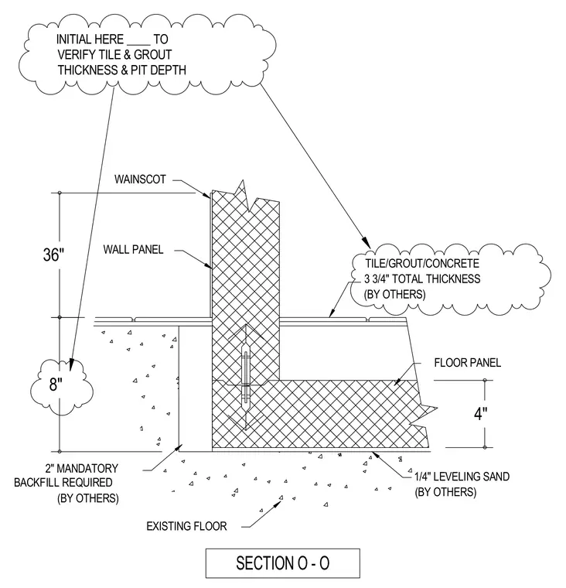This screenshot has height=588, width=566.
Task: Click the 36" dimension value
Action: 53,255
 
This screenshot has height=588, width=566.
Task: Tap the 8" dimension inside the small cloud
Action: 55,385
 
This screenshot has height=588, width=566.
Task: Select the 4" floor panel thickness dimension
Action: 480,414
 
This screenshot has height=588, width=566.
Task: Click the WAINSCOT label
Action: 140,179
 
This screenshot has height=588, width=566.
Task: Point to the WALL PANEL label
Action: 134,249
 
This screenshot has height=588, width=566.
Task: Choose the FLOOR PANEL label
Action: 468,363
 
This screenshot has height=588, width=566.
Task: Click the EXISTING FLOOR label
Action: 186,526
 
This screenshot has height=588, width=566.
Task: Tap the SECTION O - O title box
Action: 283,563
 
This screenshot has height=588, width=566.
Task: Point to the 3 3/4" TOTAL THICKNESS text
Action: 422,279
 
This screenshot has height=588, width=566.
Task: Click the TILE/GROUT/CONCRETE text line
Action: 422,263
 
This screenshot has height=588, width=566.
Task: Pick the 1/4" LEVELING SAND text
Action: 462,477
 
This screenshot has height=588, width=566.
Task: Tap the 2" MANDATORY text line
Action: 81,468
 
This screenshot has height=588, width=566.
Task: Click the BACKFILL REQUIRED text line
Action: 63,482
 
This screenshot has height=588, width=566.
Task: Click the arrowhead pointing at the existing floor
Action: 278,502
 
